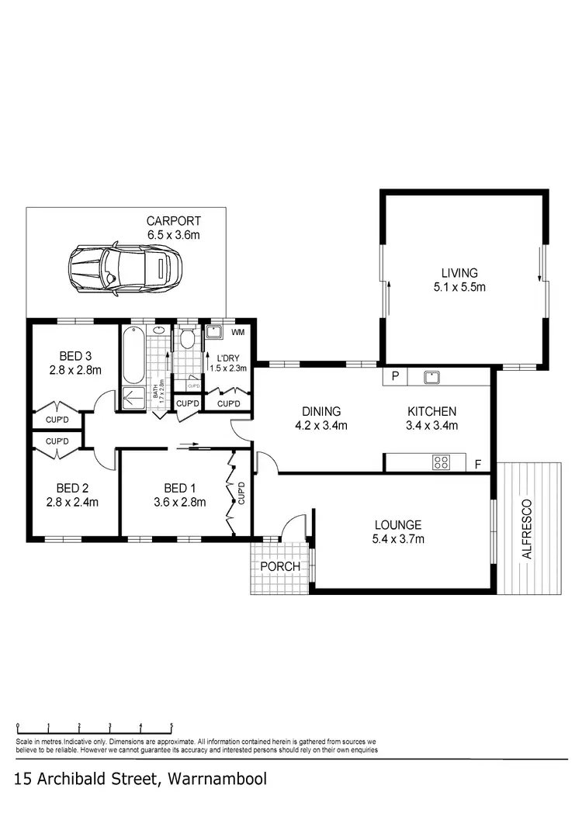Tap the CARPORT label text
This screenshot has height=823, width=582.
pyautogui.click(x=175, y=220)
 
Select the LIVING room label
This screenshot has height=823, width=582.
pyautogui.click(x=459, y=273)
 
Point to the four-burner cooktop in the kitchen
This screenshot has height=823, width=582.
pyautogui.click(x=441, y=462)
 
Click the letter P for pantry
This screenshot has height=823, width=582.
pyautogui.click(x=395, y=377)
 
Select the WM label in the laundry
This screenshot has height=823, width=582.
pyautogui.click(x=237, y=333)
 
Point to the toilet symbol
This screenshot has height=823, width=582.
pyautogui.click(x=188, y=340)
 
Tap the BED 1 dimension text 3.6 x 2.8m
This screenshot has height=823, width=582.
pyautogui.click(x=180, y=502)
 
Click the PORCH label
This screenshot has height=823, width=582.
pyautogui.click(x=280, y=566)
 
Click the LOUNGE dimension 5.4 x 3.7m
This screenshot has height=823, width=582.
pyautogui.click(x=397, y=538)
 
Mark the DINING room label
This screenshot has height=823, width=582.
pyautogui.click(x=321, y=411)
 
